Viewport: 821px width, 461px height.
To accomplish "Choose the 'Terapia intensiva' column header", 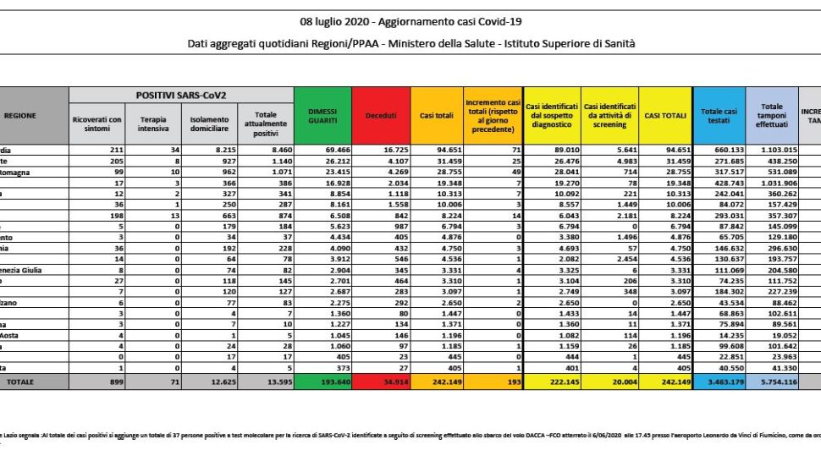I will point(152,121).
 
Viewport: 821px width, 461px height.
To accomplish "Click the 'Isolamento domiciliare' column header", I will point(208,121).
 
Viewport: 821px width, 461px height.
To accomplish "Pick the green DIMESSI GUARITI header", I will point(321,115).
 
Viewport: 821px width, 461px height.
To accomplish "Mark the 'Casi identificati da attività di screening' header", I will point(609,115).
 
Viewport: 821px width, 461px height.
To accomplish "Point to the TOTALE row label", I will point(22,382).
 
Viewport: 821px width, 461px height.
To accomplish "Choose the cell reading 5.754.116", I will point(775,382).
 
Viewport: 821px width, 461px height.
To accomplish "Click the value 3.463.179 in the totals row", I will point(721,382).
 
